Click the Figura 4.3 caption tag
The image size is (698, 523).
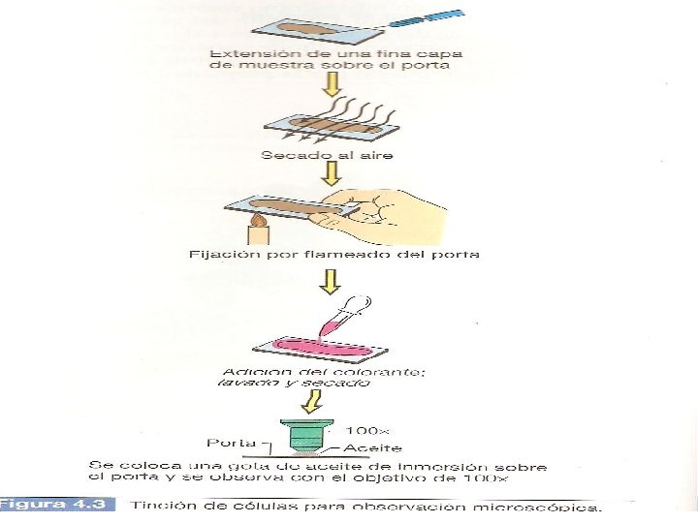(57, 505)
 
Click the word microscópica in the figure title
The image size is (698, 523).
(553, 506)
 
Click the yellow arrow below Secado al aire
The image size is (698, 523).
(332, 175)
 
